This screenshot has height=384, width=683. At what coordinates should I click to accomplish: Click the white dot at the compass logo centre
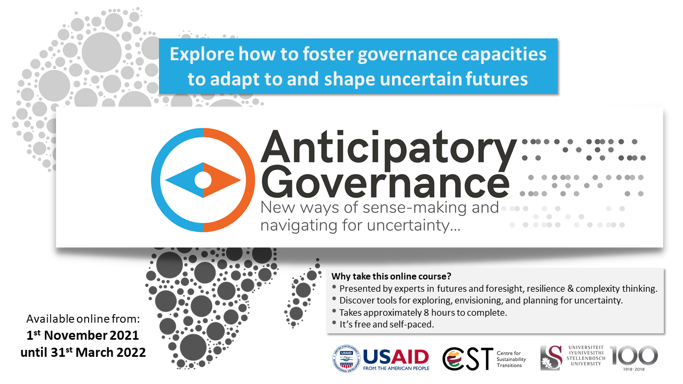[203, 180]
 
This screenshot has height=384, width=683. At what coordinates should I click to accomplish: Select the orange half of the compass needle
[220, 180]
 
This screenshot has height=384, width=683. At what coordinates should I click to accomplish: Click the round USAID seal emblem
[346, 358]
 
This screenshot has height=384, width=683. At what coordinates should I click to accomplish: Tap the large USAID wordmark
[396, 357]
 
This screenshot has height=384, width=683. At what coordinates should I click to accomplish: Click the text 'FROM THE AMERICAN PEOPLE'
[396, 369]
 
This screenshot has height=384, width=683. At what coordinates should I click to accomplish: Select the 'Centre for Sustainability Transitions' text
[511, 359]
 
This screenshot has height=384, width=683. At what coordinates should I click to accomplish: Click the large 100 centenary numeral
[633, 355]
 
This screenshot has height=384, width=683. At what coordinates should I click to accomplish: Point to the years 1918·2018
[634, 369]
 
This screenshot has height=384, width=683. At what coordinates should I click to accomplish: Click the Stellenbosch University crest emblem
[551, 358]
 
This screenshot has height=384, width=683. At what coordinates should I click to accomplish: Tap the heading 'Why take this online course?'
[391, 276]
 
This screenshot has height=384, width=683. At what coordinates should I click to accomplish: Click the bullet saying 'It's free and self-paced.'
[387, 324]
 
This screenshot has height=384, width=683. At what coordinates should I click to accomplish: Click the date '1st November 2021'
[83, 335]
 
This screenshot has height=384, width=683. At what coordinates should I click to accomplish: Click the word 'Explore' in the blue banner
[202, 54]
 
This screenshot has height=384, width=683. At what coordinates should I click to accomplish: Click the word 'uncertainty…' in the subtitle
[414, 226]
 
